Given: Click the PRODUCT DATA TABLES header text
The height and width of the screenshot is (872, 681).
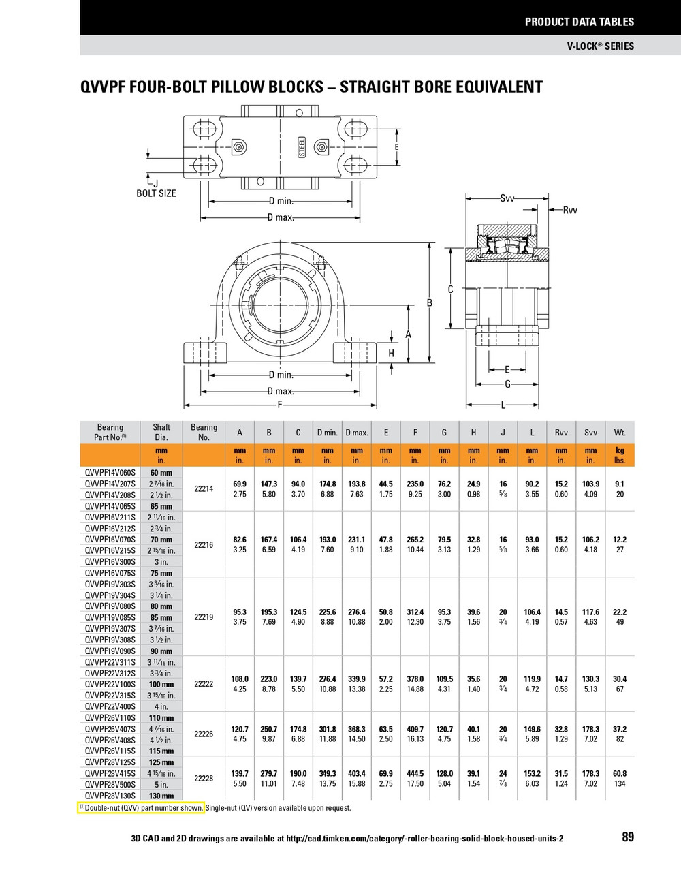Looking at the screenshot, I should (x=579, y=22).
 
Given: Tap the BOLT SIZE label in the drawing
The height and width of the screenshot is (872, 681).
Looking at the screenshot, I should (x=156, y=193).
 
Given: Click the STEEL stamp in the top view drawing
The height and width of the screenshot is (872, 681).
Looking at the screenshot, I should (x=302, y=147).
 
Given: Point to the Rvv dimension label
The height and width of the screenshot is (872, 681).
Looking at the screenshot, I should (x=569, y=211).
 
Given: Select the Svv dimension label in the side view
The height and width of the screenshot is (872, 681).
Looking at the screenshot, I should (x=507, y=198).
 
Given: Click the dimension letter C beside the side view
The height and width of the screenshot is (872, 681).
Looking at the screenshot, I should (x=450, y=290).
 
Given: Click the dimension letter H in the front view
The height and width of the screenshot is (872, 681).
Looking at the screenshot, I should (x=392, y=353).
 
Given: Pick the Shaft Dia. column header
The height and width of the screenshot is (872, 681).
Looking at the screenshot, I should (x=161, y=432).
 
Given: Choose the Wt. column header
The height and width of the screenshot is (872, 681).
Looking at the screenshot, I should (x=620, y=433).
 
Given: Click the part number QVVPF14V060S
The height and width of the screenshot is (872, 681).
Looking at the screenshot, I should (x=110, y=472).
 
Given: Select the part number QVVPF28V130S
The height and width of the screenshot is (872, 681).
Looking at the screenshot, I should (x=110, y=796).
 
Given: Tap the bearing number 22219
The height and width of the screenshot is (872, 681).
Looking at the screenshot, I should (x=204, y=617).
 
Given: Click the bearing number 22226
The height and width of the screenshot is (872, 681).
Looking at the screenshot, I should (x=204, y=734).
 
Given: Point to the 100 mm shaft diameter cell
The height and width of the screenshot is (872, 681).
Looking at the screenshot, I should (x=161, y=684).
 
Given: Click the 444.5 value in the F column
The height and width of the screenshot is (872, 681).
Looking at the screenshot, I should (x=415, y=774).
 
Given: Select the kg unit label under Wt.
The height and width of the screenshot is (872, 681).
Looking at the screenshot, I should (x=620, y=450).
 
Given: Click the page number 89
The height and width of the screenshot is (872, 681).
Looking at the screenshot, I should (x=627, y=837).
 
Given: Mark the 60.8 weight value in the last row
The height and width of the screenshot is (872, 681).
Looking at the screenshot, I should (x=620, y=774).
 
